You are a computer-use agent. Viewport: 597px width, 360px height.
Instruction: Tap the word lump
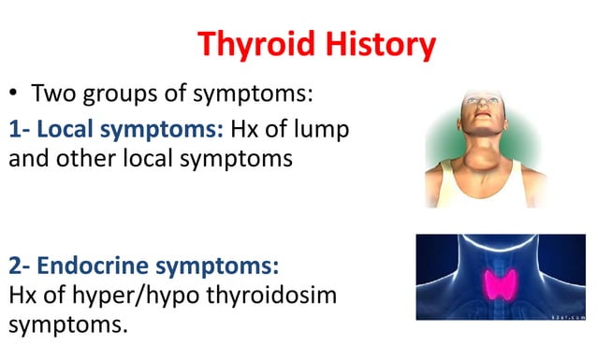pyautogui.click(x=320, y=130)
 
